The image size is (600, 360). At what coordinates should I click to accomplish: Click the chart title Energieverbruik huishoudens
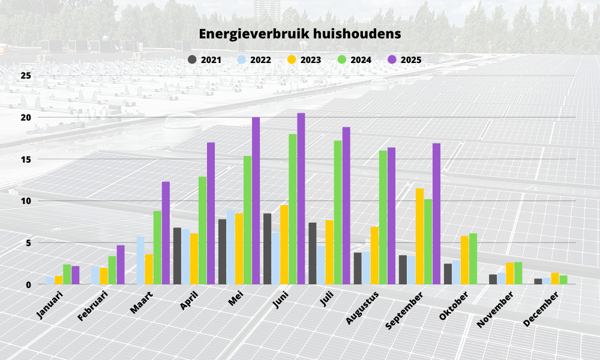coord(300,34)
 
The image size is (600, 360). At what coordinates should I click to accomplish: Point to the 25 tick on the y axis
coord(25,76)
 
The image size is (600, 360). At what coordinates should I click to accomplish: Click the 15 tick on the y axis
coord(25,159)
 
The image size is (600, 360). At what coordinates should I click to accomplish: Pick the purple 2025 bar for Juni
coord(301,199)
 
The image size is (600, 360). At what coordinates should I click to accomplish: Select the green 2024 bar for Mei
coord(248,220)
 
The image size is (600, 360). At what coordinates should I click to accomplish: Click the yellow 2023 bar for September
coord(419,236)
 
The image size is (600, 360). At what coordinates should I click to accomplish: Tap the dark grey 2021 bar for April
coord(177,256)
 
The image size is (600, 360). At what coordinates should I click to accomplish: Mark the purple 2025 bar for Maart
coord(166,233)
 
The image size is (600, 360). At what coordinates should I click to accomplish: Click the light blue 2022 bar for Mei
coord(230,247)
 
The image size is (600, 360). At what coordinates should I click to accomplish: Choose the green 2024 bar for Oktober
coord(473,259)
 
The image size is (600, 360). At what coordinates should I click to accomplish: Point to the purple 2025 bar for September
coord(436,214)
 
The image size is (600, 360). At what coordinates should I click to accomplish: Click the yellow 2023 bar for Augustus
coord(374,255)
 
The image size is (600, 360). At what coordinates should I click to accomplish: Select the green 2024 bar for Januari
coord(67,274)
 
